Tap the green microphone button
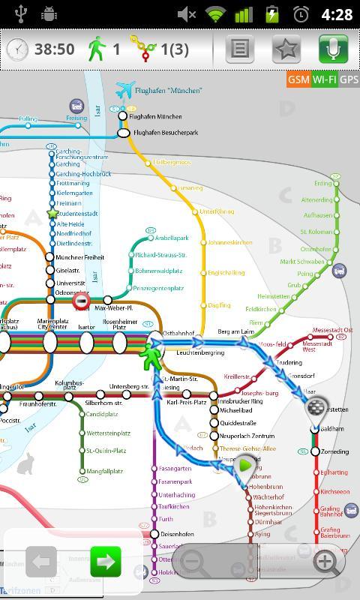333,49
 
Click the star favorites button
286,49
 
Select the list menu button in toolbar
239,49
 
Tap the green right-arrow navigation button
106,561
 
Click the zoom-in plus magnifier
325,561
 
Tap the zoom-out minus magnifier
193,561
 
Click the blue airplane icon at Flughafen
124,90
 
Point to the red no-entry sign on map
81,301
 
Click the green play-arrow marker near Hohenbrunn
245,465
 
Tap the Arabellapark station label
172,238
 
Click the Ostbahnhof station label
179,333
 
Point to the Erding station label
323,184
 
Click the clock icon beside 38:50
17,49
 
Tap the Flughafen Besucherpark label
165,133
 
